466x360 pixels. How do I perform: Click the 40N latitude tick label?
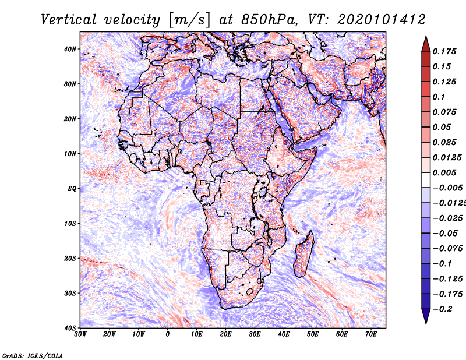70,49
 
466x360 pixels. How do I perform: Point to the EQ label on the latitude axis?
72,189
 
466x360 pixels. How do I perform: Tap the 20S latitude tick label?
70,258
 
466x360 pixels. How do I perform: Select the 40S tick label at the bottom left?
70,328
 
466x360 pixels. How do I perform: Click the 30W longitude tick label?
80,334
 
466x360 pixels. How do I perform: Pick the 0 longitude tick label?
168,334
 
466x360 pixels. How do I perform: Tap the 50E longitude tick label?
313,334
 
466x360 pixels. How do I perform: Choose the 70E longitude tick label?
371,334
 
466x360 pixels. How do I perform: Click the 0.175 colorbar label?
444,51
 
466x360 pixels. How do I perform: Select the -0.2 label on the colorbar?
443,309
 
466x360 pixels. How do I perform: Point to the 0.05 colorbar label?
442,127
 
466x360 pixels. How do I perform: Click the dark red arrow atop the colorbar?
426,44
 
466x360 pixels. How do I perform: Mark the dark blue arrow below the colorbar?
426,316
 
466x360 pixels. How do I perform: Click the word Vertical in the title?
69,20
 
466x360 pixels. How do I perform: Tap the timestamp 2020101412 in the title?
382,20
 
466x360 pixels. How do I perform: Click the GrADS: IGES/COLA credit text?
33,356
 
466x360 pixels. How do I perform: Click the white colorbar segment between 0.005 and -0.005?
426,180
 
